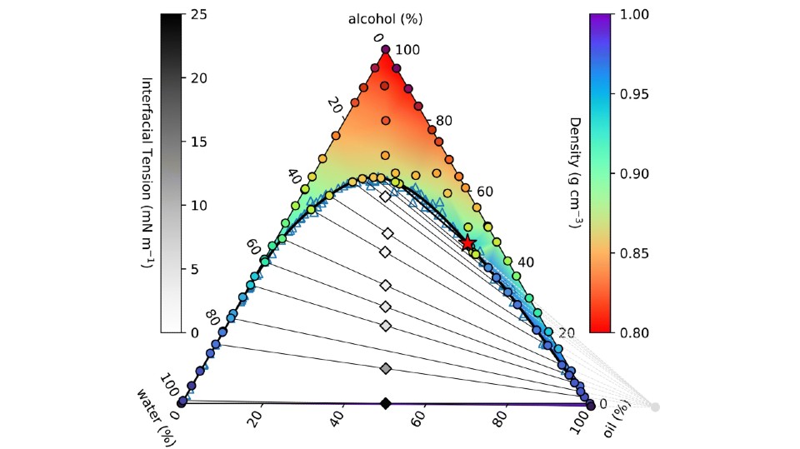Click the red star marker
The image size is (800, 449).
[468, 242]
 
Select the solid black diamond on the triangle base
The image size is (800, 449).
[385, 404]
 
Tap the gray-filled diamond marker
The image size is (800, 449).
[385, 368]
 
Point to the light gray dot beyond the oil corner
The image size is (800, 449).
[655, 407]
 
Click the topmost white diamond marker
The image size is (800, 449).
[385, 197]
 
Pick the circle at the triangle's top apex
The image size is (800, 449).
[385, 51]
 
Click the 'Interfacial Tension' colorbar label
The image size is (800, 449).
[147, 173]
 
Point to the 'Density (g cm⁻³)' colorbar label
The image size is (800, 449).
[574, 173]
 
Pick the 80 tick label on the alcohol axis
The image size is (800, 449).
[444, 121]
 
